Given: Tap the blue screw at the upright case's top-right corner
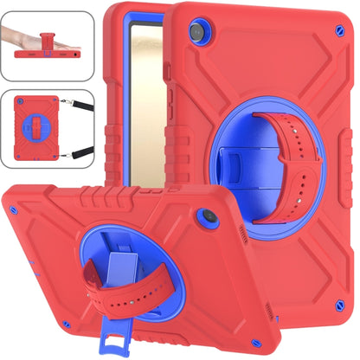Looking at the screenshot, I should click(337, 31).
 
